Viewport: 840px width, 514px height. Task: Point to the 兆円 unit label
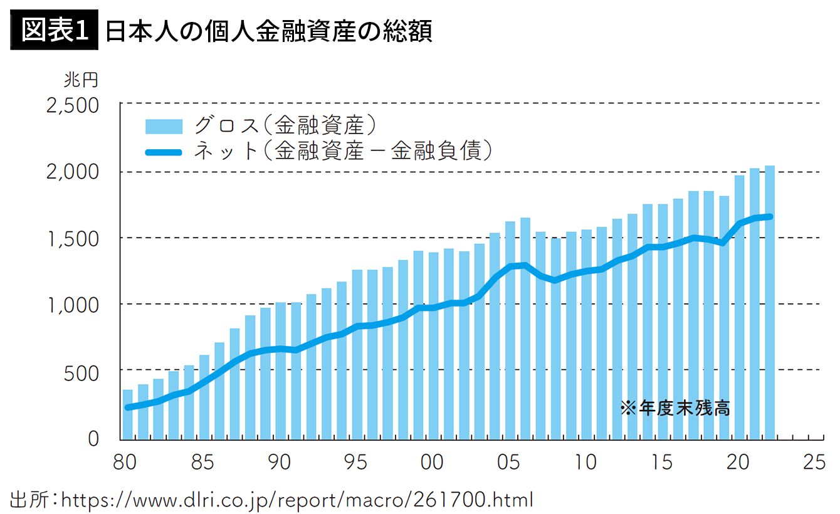(80, 80)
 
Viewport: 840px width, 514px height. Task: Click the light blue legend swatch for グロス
(164, 126)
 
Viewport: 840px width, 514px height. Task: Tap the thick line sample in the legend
(164, 151)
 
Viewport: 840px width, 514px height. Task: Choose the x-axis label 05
(510, 463)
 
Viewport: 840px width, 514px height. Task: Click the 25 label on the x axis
(816, 463)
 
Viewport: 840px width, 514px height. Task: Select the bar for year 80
(128, 414)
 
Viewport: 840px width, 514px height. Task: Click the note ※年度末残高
(675, 409)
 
